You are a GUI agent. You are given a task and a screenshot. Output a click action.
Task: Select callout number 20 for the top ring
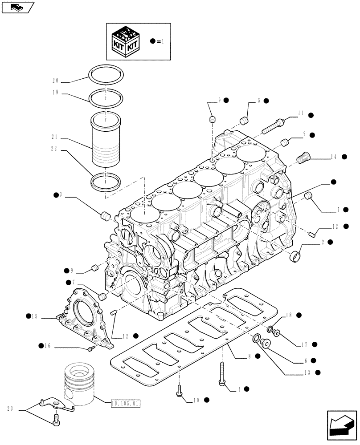[x=56, y=81]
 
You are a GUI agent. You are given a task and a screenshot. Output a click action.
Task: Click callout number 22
[x=56, y=150]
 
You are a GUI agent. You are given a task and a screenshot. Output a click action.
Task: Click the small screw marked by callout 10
[x=180, y=390]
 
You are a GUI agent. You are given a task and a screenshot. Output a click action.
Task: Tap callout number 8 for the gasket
[x=250, y=356]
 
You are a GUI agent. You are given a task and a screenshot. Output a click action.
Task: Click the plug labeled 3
[x=106, y=216]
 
